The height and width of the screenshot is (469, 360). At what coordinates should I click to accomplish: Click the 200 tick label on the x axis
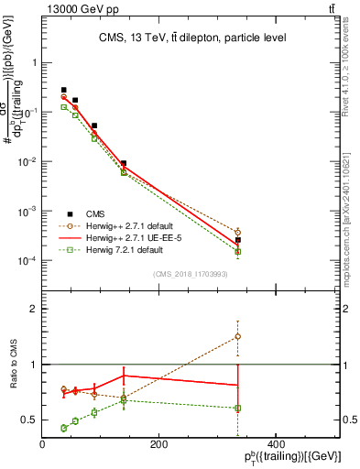coord(158,444)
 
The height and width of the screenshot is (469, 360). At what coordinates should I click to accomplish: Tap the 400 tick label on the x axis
coord(273,444)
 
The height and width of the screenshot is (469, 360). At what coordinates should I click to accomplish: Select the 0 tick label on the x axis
coord(43,444)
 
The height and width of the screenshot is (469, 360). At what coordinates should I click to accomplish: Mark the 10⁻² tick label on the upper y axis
coord(27,162)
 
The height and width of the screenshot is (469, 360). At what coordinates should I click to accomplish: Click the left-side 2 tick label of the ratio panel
coord(34,310)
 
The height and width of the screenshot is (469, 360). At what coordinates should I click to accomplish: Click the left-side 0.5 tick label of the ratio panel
coord(29,420)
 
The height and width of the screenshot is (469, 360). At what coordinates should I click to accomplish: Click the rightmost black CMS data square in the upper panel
coord(237,240)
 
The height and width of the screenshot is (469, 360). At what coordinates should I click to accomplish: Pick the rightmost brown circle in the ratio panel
coord(237,336)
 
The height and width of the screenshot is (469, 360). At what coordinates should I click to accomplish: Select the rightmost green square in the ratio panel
coord(237,408)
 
